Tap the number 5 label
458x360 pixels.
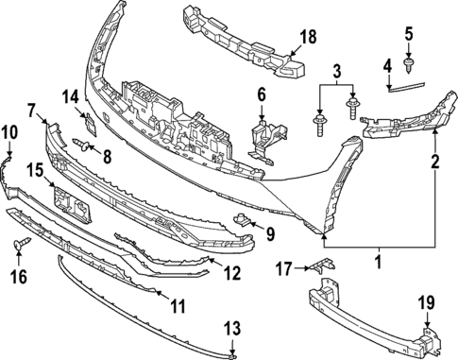(x=409, y=35)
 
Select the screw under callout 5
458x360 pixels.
(x=409, y=64)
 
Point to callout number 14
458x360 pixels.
(x=72, y=95)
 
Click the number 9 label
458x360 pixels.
(x=269, y=233)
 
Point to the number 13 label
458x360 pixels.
(x=232, y=330)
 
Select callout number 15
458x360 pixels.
(x=34, y=170)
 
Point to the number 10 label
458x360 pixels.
(x=8, y=131)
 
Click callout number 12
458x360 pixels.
(x=230, y=273)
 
